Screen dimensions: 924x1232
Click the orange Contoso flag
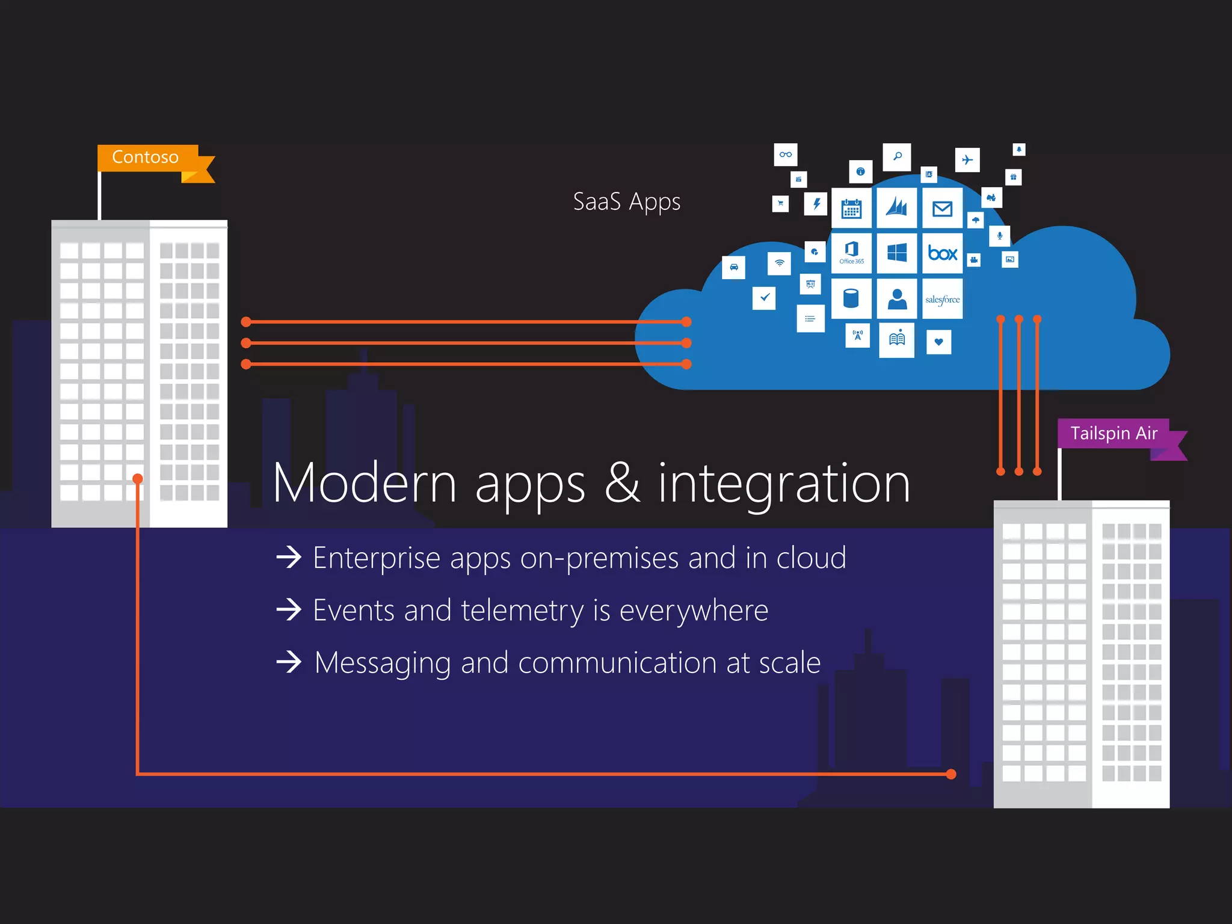[x=148, y=158]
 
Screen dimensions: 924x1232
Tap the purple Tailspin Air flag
[x=1113, y=434]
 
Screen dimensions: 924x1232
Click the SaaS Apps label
[x=626, y=202]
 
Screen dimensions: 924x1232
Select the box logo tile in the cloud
[x=942, y=253]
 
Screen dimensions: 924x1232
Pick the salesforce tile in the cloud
[x=942, y=299]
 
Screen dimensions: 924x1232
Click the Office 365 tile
[x=851, y=253]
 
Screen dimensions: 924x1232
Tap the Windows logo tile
[x=897, y=253]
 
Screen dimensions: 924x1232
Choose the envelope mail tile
[x=942, y=208]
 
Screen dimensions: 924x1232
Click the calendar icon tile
[x=851, y=209]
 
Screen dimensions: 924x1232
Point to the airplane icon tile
[x=967, y=160]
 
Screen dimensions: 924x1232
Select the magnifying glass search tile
[x=897, y=156]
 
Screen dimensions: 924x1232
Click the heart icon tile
[x=938, y=342]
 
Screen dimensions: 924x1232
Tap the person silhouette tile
[x=897, y=299]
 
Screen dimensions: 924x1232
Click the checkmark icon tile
[x=764, y=297]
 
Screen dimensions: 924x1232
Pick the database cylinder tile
[x=851, y=299]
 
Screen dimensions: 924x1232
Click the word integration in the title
[x=784, y=483]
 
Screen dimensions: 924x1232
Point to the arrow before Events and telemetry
[x=289, y=610]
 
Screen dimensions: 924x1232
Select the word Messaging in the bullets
[x=383, y=663]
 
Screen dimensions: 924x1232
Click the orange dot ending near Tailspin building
[x=951, y=774]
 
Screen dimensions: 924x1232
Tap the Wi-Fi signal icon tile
[x=780, y=263]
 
